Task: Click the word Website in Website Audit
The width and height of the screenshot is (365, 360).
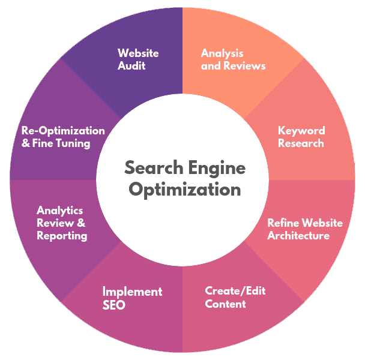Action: [138, 53]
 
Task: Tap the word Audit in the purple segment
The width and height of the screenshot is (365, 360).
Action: [131, 65]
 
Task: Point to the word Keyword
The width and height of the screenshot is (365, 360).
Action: [301, 131]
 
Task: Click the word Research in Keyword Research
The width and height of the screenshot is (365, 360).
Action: [301, 143]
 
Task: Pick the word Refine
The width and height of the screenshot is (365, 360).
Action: [283, 223]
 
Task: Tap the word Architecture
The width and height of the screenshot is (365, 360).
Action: [298, 236]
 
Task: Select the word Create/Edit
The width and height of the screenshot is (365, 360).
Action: [235, 291]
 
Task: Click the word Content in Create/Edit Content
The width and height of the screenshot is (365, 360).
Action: [225, 304]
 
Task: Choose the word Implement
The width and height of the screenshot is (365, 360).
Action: [132, 292]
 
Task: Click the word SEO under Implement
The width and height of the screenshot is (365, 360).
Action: [113, 305]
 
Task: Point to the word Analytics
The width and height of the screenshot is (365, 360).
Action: [60, 211]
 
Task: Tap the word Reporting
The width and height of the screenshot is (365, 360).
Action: [62, 236]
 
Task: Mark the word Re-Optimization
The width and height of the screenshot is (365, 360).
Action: [63, 131]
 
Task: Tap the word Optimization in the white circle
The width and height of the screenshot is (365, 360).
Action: [185, 190]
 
